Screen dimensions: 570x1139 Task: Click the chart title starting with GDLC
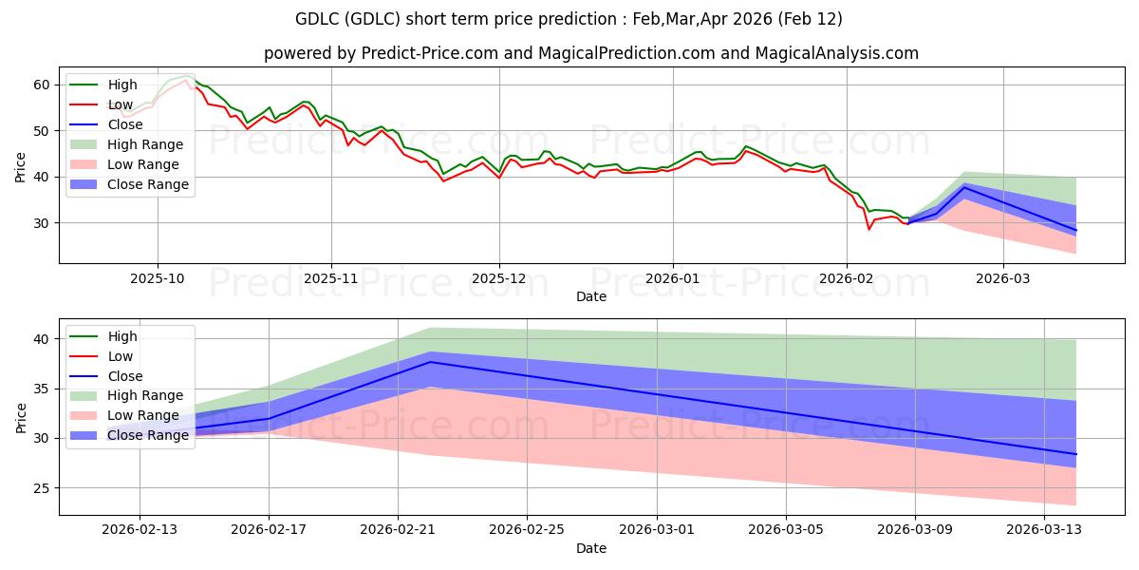(569, 19)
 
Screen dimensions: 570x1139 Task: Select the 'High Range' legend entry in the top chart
(144, 144)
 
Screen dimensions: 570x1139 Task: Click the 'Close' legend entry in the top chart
(125, 124)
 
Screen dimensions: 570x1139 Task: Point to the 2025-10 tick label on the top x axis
(157, 279)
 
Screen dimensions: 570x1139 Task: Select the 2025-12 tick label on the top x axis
(499, 279)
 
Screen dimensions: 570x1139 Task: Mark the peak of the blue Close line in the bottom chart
(430, 362)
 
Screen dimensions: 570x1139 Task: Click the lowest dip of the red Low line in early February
(868, 229)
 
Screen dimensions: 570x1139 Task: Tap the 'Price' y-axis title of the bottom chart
(21, 417)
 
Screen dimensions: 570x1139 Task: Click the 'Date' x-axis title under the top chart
(590, 296)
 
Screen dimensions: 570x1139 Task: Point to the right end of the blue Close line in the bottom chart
(1075, 454)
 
